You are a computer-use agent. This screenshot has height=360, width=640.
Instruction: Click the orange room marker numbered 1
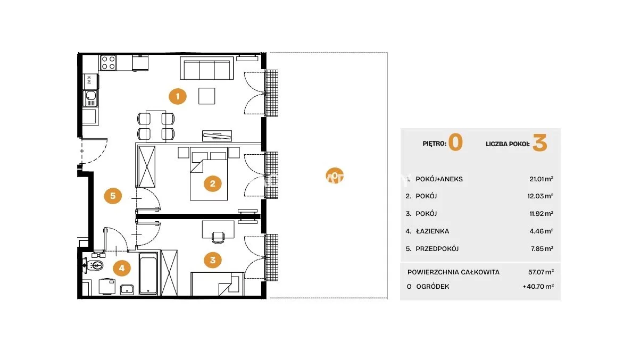(178, 96)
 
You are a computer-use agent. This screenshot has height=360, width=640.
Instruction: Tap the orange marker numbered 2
(213, 183)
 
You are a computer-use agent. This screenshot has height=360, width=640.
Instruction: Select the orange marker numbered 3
(213, 260)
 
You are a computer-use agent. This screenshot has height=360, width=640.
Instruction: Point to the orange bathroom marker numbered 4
(122, 268)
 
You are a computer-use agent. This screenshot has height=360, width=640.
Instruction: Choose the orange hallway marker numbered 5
(113, 196)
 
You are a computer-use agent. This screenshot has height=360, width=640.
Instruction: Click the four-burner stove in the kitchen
(109, 63)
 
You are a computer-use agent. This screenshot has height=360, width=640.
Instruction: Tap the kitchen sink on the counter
(90, 98)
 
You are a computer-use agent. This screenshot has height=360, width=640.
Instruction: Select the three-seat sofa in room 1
(207, 68)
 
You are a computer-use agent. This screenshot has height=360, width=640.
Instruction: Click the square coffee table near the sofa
(207, 96)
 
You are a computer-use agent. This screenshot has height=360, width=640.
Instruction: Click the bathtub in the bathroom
(148, 273)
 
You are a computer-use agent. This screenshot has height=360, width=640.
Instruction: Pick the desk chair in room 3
(218, 237)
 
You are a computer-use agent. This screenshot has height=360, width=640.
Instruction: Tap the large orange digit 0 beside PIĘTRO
(455, 143)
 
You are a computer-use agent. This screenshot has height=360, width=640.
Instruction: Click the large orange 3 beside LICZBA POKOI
(539, 143)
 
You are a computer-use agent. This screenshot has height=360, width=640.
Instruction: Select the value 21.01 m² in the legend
(541, 179)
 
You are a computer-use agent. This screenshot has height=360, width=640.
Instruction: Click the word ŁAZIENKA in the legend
(433, 231)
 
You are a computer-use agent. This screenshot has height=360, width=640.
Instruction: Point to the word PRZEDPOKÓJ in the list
(437, 249)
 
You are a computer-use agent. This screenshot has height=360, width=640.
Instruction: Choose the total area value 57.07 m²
(541, 272)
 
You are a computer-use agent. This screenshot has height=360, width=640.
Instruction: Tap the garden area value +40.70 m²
(538, 286)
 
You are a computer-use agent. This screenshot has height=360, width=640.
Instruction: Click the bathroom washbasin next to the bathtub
(127, 290)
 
